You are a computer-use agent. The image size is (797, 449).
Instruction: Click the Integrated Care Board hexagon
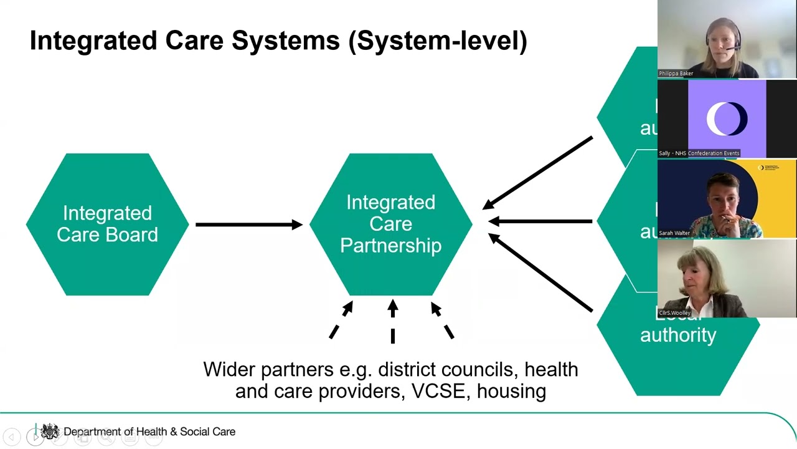point(107,224)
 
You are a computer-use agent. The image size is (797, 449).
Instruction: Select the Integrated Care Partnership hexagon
point(390,224)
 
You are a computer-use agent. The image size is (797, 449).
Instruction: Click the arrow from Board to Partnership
point(248,224)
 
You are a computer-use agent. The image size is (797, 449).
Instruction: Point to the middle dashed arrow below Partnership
point(393,321)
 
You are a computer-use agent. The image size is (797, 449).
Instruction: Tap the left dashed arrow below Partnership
point(341,321)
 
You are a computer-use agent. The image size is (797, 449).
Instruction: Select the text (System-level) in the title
point(438,41)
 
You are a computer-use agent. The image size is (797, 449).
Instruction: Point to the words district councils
point(446,369)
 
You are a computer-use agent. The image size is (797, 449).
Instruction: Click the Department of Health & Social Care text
point(149,432)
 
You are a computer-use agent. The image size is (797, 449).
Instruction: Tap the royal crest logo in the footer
point(50,431)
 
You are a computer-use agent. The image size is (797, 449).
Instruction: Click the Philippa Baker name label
point(676,74)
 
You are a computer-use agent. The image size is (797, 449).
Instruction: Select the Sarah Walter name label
point(674,233)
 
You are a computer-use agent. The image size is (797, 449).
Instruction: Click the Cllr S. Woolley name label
point(675,313)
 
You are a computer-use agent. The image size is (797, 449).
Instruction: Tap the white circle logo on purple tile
point(727,118)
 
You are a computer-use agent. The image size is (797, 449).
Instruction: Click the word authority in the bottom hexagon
point(678,335)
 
